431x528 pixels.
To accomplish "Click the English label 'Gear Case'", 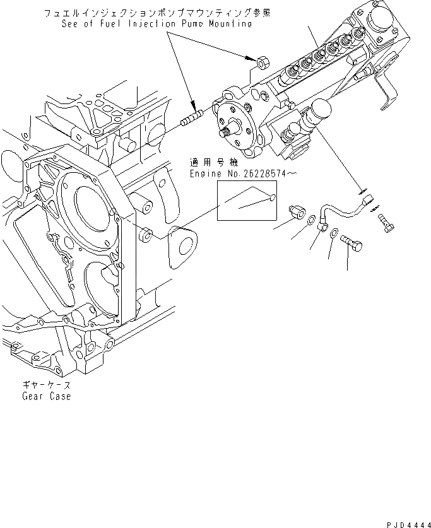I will (x=45, y=396).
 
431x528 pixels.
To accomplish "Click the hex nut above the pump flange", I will (x=263, y=62).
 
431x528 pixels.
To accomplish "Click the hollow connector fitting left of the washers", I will (x=298, y=213).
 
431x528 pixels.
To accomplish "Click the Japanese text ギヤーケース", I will (x=45, y=385).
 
